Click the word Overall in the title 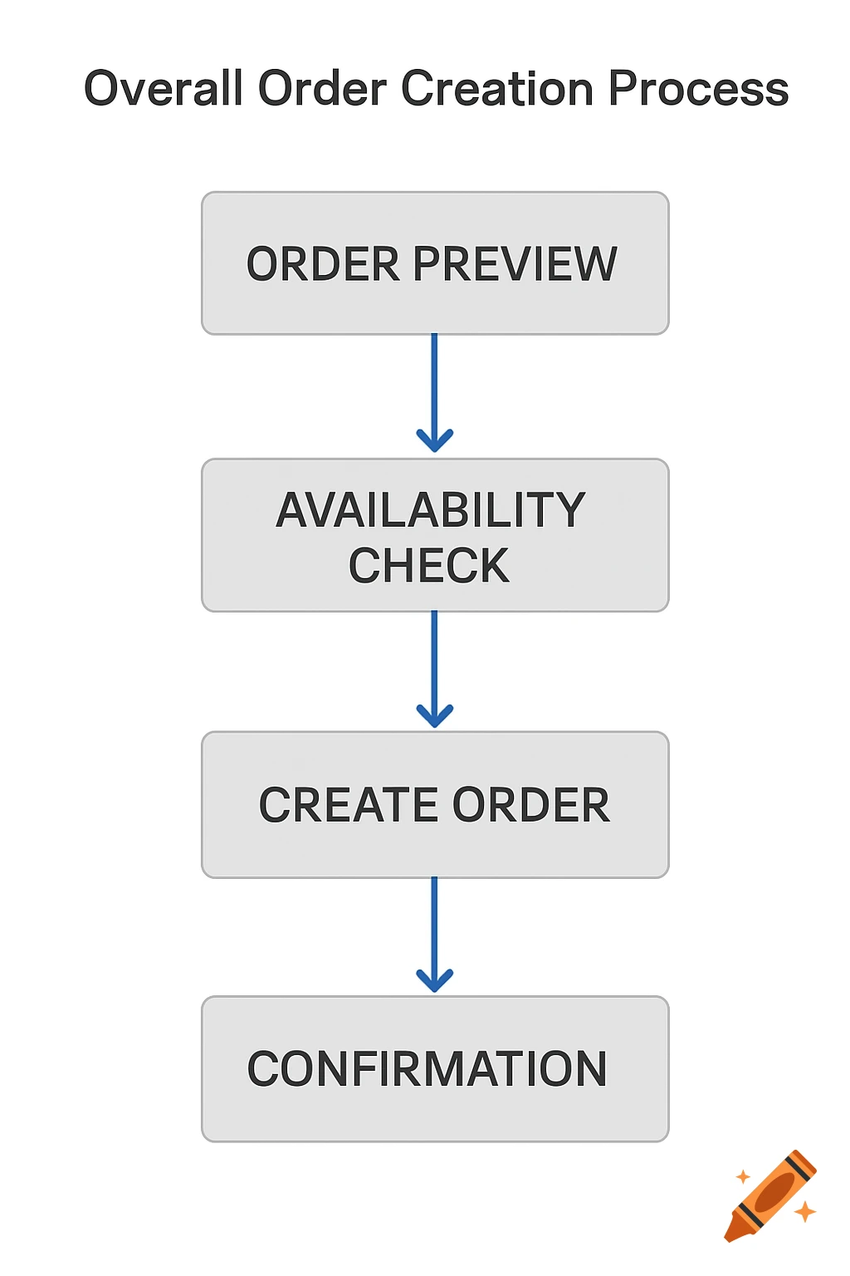(x=164, y=88)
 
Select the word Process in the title (x=698, y=88)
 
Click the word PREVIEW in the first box (x=515, y=264)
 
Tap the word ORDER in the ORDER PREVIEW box (x=323, y=264)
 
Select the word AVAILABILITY (x=431, y=509)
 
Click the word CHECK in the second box (x=428, y=566)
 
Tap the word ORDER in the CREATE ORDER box (x=531, y=805)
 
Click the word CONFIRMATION (x=427, y=1068)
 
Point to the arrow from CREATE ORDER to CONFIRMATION (x=434, y=926)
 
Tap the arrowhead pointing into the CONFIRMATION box (x=434, y=980)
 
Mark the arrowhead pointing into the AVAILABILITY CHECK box (x=434, y=440)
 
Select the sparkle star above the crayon (x=743, y=1176)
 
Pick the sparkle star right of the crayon (x=804, y=1211)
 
